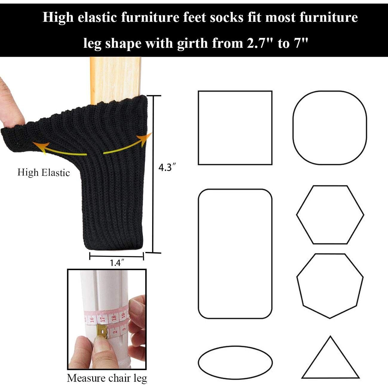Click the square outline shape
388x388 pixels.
click(235, 128)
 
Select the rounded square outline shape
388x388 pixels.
click(330, 128)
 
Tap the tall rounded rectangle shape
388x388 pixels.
click(235, 254)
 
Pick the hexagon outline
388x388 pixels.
click(330, 215)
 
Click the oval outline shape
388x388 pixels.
click(235, 362)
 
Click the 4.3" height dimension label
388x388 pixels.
click(166, 168)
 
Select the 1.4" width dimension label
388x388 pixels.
click(117, 263)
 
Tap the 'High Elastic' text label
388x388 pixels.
click(44, 173)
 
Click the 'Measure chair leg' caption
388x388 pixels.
click(107, 378)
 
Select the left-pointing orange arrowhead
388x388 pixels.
click(37, 145)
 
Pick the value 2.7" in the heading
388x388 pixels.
click(260, 44)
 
